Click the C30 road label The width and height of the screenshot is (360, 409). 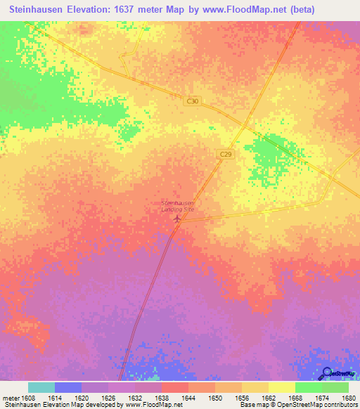click(x=193, y=101)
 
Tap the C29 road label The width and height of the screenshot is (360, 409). click(x=225, y=155)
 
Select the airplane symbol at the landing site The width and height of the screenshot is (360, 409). click(x=176, y=219)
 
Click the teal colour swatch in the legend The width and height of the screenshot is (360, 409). click(x=41, y=387)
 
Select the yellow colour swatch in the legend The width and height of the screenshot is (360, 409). click(x=281, y=387)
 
